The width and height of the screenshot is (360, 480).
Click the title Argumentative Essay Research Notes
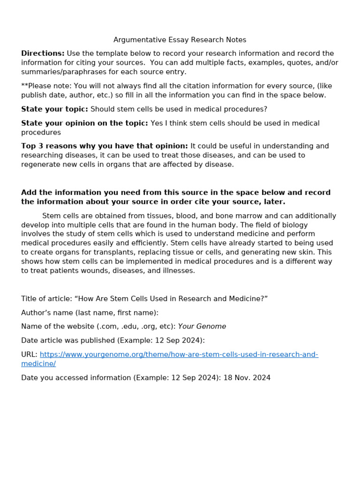tap(180, 40)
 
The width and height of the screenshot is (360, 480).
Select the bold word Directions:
tap(43, 53)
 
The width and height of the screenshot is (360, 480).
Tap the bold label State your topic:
tap(54, 109)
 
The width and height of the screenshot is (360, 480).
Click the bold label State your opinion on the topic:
tap(84, 123)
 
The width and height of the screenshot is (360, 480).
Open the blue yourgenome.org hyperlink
tap(179, 355)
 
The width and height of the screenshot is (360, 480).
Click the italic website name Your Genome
tap(202, 327)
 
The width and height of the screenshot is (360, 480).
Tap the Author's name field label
tap(90, 313)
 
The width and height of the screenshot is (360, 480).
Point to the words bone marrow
tap(213, 216)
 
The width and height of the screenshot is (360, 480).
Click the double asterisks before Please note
tap(24, 86)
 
